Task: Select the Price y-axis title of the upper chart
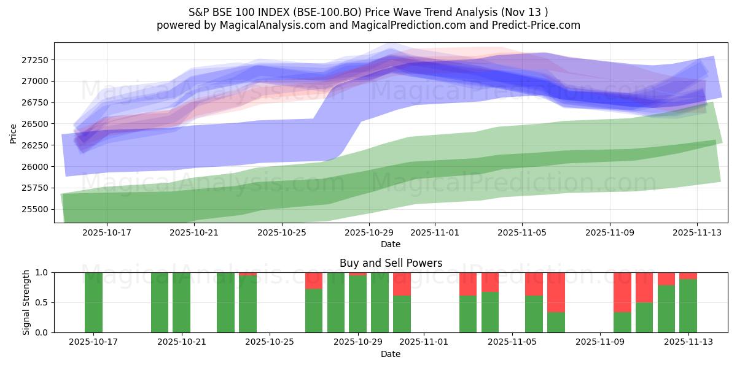[x=14, y=132]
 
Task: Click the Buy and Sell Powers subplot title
[x=391, y=263]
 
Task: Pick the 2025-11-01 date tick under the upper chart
[x=434, y=232]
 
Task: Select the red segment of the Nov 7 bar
[x=556, y=292]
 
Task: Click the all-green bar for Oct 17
[x=93, y=302]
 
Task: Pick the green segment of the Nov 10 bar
[x=622, y=322]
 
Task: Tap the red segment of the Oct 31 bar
[x=402, y=284]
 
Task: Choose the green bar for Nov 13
[x=688, y=305]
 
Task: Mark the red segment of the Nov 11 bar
[x=644, y=287]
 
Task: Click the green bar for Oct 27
[x=314, y=310]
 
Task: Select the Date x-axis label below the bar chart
[x=391, y=354]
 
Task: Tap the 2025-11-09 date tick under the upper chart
[x=610, y=232]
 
